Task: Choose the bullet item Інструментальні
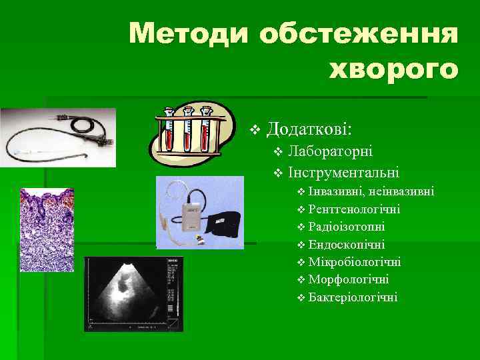point(343,173)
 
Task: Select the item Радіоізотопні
point(347,227)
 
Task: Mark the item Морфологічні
point(349,279)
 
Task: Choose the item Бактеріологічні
point(353,297)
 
